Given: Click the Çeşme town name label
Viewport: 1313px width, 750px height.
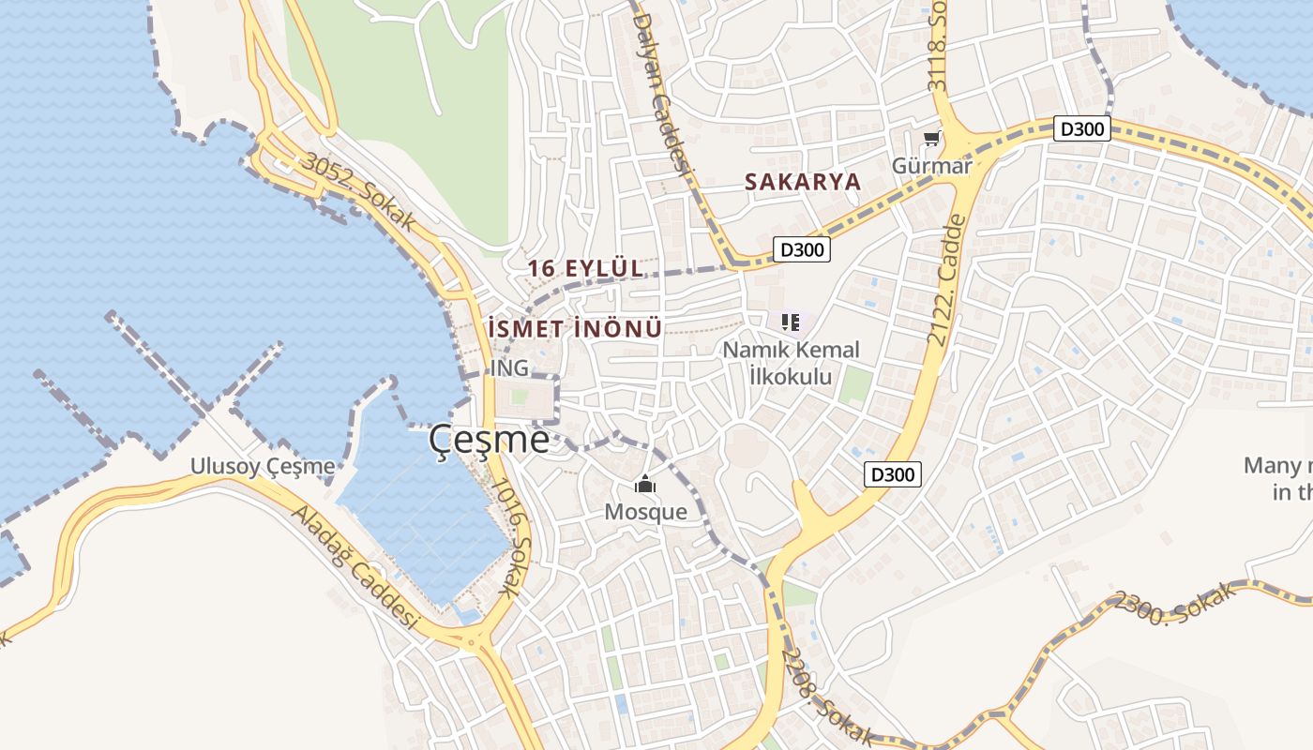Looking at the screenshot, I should click(490, 440).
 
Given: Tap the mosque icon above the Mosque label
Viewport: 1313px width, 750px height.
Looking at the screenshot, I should click(645, 485).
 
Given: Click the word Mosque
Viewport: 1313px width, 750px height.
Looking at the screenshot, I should click(645, 512).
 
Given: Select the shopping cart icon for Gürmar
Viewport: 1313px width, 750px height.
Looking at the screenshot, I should click(931, 140).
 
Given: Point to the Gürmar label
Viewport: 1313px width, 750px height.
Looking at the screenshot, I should click(931, 166).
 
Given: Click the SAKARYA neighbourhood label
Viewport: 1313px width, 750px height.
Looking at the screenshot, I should click(802, 182).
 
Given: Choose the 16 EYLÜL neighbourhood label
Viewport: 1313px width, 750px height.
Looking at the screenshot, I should click(585, 268).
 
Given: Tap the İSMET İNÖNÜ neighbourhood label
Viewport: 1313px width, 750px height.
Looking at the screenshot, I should click(575, 329).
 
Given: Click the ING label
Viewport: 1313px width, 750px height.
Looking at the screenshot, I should click(509, 368).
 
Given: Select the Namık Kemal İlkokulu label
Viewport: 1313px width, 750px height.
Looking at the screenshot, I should click(790, 363).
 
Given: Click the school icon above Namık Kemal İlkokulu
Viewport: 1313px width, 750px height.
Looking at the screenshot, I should click(790, 322).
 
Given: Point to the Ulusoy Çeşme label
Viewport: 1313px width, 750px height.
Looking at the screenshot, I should click(263, 466).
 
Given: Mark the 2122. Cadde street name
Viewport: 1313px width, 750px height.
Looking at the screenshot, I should click(945, 280).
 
